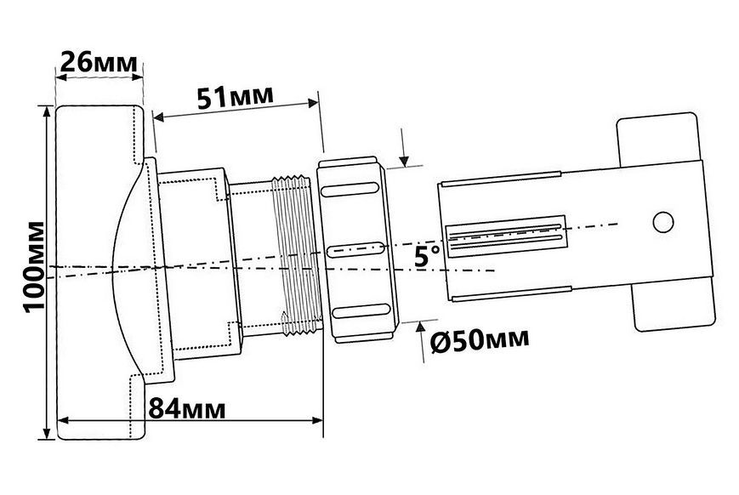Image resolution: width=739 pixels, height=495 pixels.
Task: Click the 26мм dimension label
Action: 99,62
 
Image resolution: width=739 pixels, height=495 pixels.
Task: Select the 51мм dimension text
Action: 236,97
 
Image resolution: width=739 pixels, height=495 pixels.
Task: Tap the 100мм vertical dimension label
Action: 34,267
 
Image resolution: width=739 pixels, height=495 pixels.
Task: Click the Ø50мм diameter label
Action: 480,340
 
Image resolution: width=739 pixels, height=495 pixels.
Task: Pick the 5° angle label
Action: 428,257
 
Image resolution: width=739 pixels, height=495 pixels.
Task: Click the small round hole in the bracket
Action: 663,222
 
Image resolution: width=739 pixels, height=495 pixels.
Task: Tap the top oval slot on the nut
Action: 350,190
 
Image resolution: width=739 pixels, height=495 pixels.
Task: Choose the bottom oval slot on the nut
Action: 361,311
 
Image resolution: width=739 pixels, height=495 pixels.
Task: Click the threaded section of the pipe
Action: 297,255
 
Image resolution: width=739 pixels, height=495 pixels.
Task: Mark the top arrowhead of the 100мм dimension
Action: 46,112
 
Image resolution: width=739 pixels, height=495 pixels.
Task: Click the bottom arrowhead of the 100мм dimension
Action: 46,433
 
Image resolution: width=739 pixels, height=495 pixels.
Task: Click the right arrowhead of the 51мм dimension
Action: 313,103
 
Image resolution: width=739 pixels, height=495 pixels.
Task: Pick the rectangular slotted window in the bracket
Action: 506,236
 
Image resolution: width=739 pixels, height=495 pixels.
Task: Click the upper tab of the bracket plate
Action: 658,139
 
